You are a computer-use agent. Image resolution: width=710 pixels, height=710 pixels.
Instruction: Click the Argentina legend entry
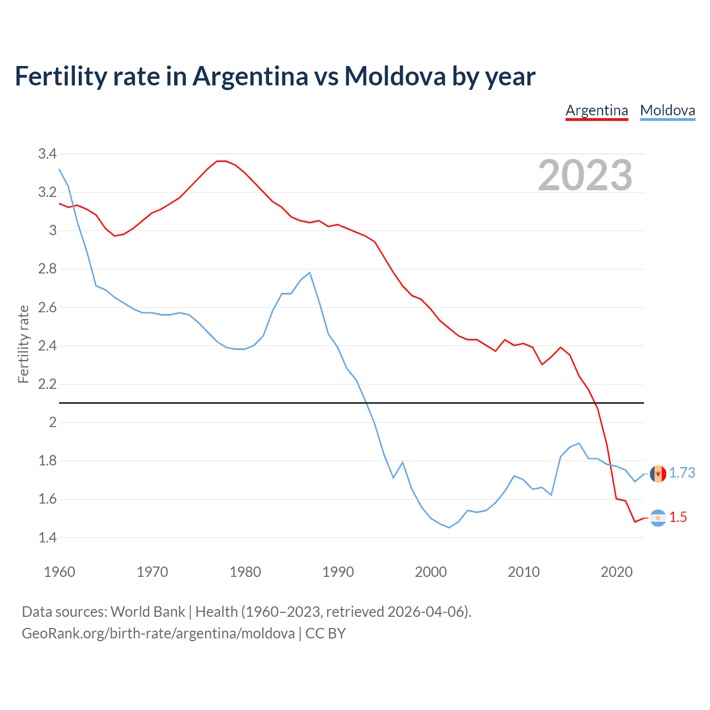[x=596, y=110]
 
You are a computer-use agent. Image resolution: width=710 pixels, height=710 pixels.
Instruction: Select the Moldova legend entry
[x=667, y=110]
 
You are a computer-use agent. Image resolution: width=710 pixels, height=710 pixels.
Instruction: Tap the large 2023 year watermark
[x=585, y=175]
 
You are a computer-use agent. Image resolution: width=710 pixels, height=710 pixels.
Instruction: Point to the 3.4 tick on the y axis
[x=47, y=154]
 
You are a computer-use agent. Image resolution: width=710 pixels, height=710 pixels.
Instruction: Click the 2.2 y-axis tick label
[x=47, y=384]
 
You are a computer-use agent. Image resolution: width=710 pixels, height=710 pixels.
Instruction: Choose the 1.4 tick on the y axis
[x=47, y=537]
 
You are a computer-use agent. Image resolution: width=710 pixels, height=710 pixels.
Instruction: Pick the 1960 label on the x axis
[x=59, y=572]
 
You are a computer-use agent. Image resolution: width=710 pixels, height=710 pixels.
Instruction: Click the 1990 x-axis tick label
[x=338, y=572]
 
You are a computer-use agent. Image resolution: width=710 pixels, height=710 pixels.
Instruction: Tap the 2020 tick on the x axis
[x=616, y=572]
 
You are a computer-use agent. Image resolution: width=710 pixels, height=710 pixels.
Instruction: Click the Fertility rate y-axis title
[x=23, y=344]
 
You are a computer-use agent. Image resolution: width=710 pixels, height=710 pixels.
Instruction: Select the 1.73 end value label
[x=682, y=473]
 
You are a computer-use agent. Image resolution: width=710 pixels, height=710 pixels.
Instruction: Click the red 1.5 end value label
[x=678, y=517]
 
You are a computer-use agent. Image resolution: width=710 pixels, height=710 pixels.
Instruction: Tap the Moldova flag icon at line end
[x=658, y=474]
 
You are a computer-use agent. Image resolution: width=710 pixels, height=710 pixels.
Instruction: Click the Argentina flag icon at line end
[x=658, y=518]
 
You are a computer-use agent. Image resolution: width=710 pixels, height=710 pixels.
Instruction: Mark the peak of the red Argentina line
[x=221, y=161]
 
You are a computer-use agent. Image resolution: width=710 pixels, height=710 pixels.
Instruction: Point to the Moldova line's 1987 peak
[x=310, y=272]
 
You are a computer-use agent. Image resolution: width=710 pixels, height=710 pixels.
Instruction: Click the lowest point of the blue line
[x=449, y=528]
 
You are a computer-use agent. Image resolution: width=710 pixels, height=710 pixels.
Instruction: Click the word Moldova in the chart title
[x=395, y=76]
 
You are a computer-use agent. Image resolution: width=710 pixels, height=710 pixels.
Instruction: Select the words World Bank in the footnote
[x=148, y=611]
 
